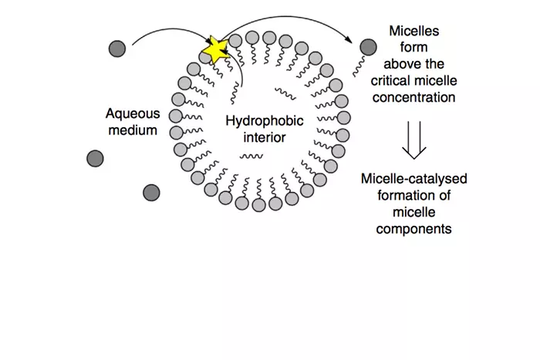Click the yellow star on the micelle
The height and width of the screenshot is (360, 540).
pyautogui.click(x=215, y=50)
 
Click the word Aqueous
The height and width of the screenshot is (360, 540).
pyautogui.click(x=133, y=113)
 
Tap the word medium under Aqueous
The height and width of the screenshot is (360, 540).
pyautogui.click(x=133, y=130)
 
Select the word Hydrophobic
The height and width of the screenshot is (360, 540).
pyautogui.click(x=265, y=121)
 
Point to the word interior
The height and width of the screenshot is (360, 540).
pyautogui.click(x=265, y=137)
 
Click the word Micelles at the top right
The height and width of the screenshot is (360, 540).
pyautogui.click(x=414, y=31)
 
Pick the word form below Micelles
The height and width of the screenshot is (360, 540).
pyautogui.click(x=414, y=47)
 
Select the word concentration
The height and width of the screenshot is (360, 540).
pyautogui.click(x=414, y=97)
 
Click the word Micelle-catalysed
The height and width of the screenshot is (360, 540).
pyautogui.click(x=414, y=179)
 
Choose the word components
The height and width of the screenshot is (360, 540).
pyautogui.click(x=414, y=229)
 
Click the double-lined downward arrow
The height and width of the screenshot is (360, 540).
pyautogui.click(x=414, y=140)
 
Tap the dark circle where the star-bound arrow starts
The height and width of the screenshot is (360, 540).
pyautogui.click(x=117, y=49)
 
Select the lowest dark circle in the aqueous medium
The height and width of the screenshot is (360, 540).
pyautogui.click(x=151, y=193)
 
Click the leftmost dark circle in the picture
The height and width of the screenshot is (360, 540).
pyautogui.click(x=95, y=159)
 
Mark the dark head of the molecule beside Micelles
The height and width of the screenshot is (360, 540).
pyautogui.click(x=369, y=47)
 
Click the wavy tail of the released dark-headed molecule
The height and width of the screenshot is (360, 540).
pyautogui.click(x=359, y=67)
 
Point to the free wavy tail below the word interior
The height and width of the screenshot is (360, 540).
pyautogui.click(x=251, y=156)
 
